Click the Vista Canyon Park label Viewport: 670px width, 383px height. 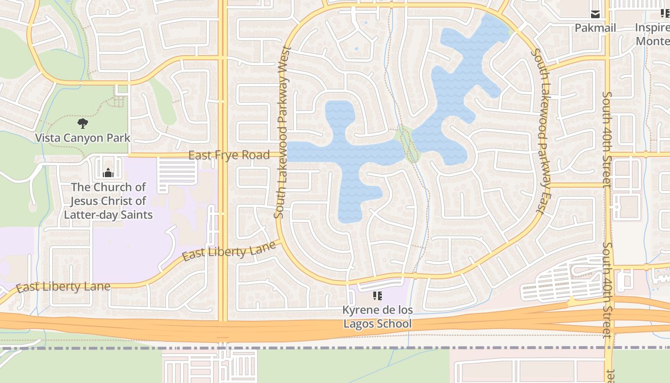(x=82, y=138)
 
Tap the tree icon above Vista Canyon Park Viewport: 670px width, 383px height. (x=83, y=124)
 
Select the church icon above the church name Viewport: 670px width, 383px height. (x=108, y=172)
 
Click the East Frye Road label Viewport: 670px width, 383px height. (x=229, y=155)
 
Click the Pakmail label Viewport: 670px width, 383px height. (x=595, y=28)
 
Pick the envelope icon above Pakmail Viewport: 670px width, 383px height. (x=595, y=14)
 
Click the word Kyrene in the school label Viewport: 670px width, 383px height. (x=359, y=310)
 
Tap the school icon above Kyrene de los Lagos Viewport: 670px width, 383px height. (x=378, y=296)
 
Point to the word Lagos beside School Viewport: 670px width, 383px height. (x=358, y=324)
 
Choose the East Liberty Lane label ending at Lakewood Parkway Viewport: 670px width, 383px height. (x=229, y=251)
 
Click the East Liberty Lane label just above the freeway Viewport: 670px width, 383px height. (x=63, y=287)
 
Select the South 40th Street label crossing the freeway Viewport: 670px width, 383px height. (x=607, y=290)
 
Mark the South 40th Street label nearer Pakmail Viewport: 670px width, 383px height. (x=607, y=139)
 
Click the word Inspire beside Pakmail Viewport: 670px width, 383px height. (x=652, y=28)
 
